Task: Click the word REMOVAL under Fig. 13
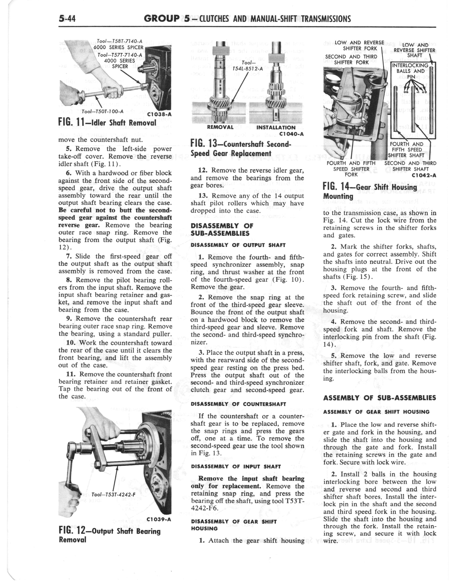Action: [220, 127]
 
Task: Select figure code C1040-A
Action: [292, 134]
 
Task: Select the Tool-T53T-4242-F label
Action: [113, 494]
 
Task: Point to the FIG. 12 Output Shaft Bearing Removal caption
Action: [109, 535]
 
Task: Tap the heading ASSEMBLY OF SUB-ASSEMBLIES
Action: [379, 398]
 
